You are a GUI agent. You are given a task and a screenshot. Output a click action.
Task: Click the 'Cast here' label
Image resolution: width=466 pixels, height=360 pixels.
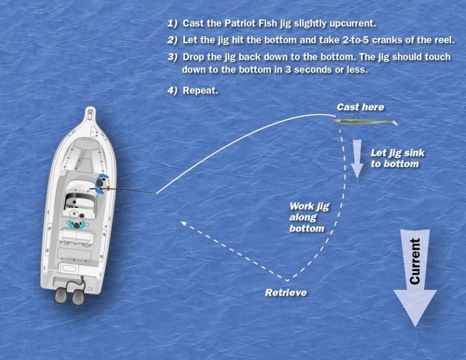click(360, 107)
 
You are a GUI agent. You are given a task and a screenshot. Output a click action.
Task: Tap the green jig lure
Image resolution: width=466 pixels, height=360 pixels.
click(367, 123)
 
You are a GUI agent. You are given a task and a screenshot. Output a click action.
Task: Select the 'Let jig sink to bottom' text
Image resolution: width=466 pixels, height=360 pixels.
click(395, 158)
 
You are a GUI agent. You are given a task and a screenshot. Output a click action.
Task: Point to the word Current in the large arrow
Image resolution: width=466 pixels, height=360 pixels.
click(415, 261)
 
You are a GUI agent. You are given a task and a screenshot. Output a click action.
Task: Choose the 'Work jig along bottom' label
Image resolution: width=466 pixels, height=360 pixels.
click(307, 217)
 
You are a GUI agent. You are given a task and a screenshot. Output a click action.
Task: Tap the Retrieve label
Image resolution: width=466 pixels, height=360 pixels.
click(286, 292)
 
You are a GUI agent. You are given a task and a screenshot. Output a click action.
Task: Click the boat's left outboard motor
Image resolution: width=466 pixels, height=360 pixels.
click(61, 294)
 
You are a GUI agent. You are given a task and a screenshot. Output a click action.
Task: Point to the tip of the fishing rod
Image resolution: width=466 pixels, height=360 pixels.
click(155, 193)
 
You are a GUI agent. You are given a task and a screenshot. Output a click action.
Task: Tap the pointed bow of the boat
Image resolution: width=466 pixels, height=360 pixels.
click(91, 112)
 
